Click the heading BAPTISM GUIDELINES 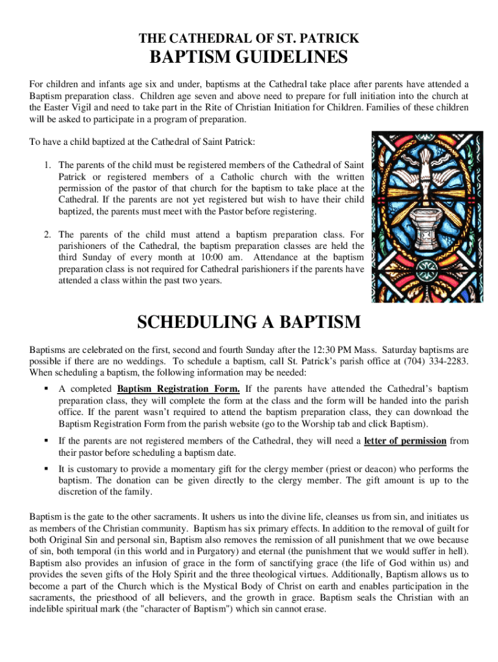point(249,58)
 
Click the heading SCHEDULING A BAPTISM point(249,322)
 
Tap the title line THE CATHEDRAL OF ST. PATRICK point(249,38)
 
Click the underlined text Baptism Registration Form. point(179,389)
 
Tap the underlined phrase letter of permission point(405,442)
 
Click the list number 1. point(49,165)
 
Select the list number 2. point(49,235)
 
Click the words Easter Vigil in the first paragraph point(69,108)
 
